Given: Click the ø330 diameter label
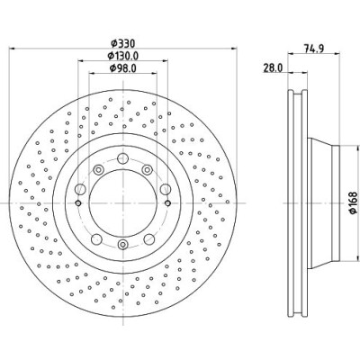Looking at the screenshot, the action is point(123,44).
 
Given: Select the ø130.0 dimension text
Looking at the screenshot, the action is point(123,56).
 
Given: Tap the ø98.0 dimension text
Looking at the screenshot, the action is point(123,68).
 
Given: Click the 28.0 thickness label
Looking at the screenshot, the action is point(273,68).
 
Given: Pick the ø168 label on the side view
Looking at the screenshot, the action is point(353,203).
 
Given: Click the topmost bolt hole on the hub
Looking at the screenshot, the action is point(122,158).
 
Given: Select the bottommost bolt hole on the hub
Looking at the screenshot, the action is point(122,245).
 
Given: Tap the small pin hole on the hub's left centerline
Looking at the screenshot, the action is point(78,203).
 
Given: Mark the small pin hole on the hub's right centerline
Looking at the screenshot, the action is point(167,203).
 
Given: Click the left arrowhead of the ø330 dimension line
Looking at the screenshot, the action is point(12,48).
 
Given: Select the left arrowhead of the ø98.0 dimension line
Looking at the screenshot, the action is point(92,73).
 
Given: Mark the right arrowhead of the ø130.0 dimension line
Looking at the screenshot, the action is point(165,60).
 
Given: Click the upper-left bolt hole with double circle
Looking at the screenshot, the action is point(98,170).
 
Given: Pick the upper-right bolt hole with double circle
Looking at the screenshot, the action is point(147,170).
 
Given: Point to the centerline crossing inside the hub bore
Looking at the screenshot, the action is point(123,203).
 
